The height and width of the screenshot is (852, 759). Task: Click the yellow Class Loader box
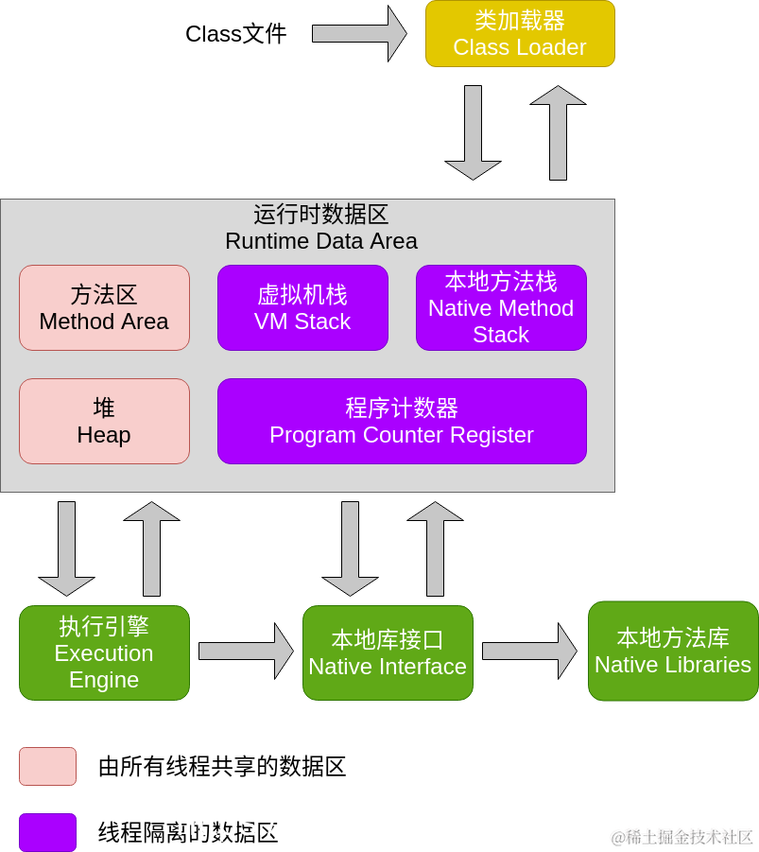pyautogui.click(x=520, y=34)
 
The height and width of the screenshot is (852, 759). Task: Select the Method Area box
pyautogui.click(x=104, y=307)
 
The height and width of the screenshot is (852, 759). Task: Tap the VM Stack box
pyautogui.click(x=302, y=307)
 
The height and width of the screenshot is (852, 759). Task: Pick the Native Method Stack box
pyautogui.click(x=501, y=307)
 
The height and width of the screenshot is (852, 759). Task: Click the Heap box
pyautogui.click(x=104, y=421)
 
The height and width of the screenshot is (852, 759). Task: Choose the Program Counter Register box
pyautogui.click(x=402, y=421)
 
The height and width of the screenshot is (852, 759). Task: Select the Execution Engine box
pyautogui.click(x=104, y=652)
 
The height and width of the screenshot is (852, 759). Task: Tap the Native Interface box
pyautogui.click(x=388, y=652)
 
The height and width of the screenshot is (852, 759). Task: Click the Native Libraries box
pyautogui.click(x=673, y=651)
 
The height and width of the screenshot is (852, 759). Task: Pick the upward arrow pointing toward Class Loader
pyautogui.click(x=558, y=132)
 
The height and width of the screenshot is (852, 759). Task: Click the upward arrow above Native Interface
pyautogui.click(x=435, y=548)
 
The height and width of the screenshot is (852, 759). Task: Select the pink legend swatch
pyautogui.click(x=47, y=766)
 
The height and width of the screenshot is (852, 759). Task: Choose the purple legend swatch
pyautogui.click(x=47, y=832)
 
